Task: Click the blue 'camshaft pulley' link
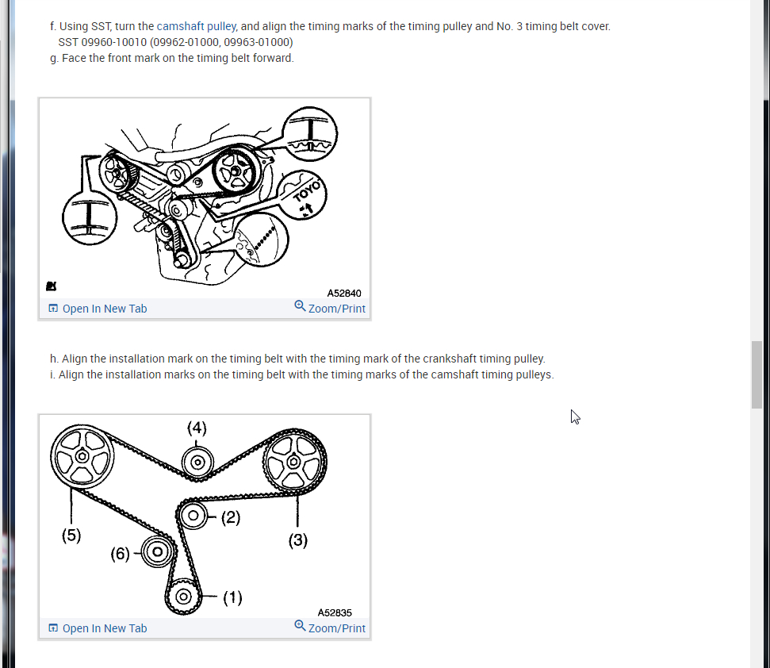196,26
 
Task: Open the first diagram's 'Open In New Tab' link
104,309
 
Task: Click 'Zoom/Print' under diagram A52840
336,309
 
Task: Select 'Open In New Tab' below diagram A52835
104,628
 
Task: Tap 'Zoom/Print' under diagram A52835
336,628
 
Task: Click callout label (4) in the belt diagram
197,428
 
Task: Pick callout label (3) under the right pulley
298,541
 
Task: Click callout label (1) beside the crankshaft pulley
232,597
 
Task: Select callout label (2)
230,518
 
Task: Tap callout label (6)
120,553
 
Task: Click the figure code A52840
344,293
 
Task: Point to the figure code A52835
335,612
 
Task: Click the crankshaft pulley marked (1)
183,597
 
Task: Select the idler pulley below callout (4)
197,462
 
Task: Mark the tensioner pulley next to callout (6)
157,551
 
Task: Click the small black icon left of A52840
51,285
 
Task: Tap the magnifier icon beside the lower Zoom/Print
300,625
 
